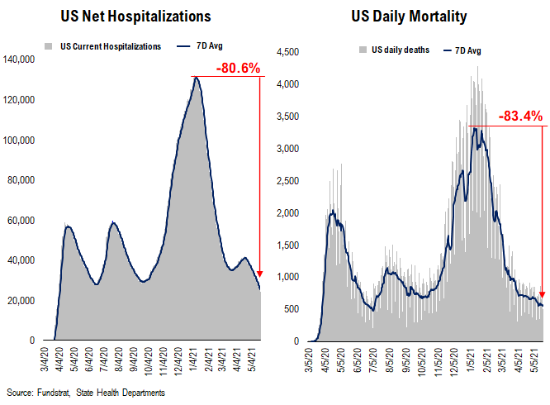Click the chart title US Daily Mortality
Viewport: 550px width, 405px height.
[411, 16]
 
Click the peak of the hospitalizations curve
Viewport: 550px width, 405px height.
[195, 77]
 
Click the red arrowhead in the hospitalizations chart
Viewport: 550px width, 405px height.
[259, 274]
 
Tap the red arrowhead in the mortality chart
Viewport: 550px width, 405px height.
[543, 305]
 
